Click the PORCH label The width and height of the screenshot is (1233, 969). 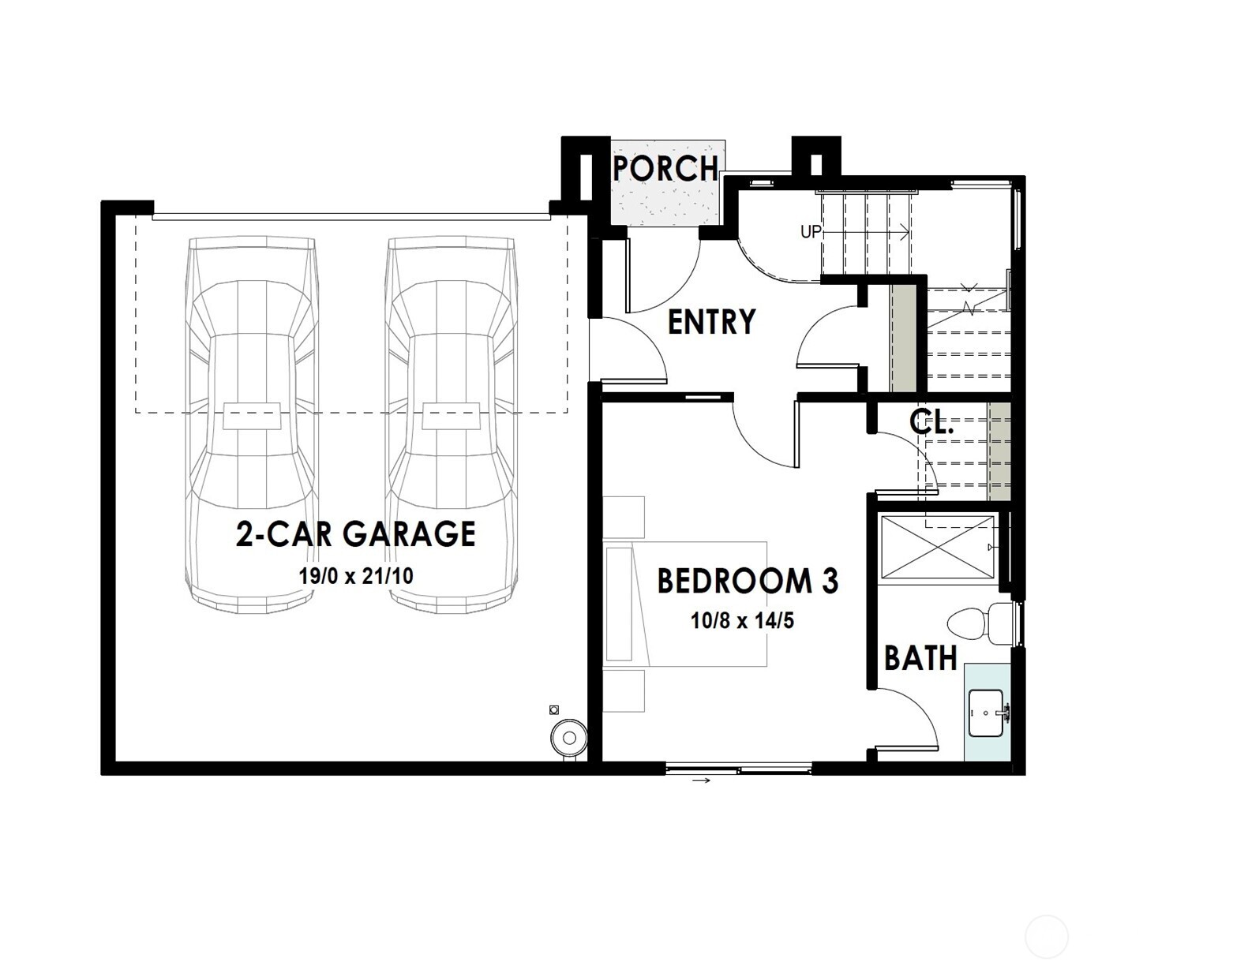point(665,168)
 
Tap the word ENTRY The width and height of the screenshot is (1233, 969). point(711,322)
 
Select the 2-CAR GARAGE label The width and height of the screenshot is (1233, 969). point(356,534)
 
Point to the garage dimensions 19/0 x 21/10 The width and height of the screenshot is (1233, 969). point(356,575)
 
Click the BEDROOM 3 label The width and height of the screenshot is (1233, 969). point(748,581)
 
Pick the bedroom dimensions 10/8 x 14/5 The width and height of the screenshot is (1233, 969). point(742,621)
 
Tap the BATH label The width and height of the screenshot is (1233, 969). point(920,657)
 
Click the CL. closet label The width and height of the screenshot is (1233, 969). point(931,422)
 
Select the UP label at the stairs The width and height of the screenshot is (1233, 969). point(811,232)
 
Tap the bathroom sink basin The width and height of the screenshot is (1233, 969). point(986,713)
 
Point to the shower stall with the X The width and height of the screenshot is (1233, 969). point(936,545)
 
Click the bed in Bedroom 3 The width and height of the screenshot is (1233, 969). point(687,604)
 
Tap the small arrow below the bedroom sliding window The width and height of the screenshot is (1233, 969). point(701,780)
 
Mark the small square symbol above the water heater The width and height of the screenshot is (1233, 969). point(554,709)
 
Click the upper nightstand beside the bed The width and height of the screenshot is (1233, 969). point(624,517)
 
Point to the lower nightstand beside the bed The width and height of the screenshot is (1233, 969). point(624,690)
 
